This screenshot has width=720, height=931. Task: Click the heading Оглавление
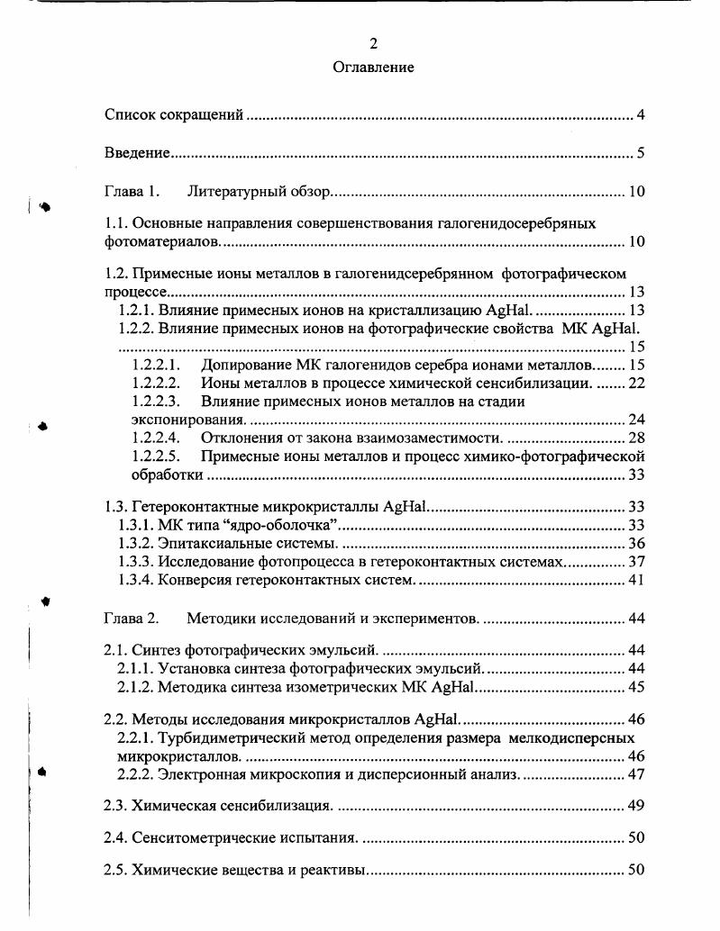point(373,68)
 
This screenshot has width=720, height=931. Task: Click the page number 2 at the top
point(373,43)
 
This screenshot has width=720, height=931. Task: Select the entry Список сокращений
point(175,115)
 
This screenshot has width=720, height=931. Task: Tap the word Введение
point(137,153)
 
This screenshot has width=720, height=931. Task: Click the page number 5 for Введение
point(640,153)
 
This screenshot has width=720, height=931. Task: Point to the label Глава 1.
point(132,192)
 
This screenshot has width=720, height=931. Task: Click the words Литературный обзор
point(260,192)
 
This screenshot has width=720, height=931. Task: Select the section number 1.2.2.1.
point(156,366)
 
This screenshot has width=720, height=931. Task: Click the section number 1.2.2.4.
point(156,438)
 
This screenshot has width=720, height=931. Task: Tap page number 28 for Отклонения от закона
point(636,438)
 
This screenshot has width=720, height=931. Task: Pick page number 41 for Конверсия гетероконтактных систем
point(636,580)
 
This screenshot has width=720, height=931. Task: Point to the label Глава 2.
point(132,619)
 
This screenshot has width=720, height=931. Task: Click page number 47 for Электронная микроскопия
point(636,774)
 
